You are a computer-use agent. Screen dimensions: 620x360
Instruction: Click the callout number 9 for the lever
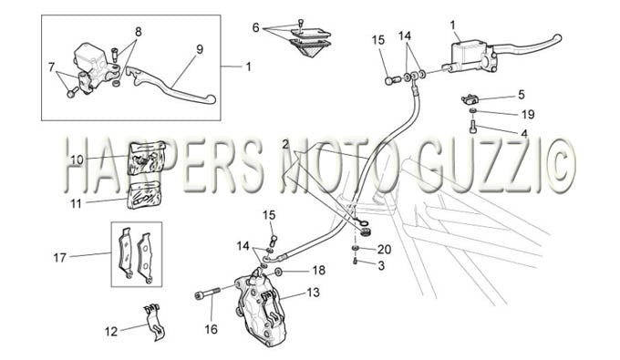[x=200, y=49]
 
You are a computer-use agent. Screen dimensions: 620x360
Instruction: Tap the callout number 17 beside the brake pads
[x=59, y=258]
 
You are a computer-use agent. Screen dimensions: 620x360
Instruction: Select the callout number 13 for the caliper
[x=313, y=293]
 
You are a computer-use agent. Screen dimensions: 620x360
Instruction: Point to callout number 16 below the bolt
[x=212, y=329]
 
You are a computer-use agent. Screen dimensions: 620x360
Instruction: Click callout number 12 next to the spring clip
[x=111, y=332]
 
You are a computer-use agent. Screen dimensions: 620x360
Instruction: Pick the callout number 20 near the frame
[x=385, y=250]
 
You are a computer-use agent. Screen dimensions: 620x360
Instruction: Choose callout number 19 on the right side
[x=528, y=114]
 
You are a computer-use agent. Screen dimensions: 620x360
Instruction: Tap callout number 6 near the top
[x=256, y=27]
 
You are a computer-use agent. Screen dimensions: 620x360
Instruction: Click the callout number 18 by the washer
[x=319, y=271]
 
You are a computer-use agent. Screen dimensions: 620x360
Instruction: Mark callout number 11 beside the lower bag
[x=76, y=203]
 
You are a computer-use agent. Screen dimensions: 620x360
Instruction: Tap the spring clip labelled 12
[x=154, y=321]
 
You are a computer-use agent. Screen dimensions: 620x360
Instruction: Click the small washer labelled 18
[x=278, y=272]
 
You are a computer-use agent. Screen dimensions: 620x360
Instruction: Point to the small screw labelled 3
[x=355, y=262]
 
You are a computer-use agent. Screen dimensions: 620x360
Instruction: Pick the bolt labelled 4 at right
[x=472, y=128]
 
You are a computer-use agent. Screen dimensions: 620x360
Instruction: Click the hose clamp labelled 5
[x=469, y=98]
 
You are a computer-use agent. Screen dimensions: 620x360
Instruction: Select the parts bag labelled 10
[x=146, y=158]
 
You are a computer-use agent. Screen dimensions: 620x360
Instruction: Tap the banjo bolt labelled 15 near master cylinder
[x=390, y=80]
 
